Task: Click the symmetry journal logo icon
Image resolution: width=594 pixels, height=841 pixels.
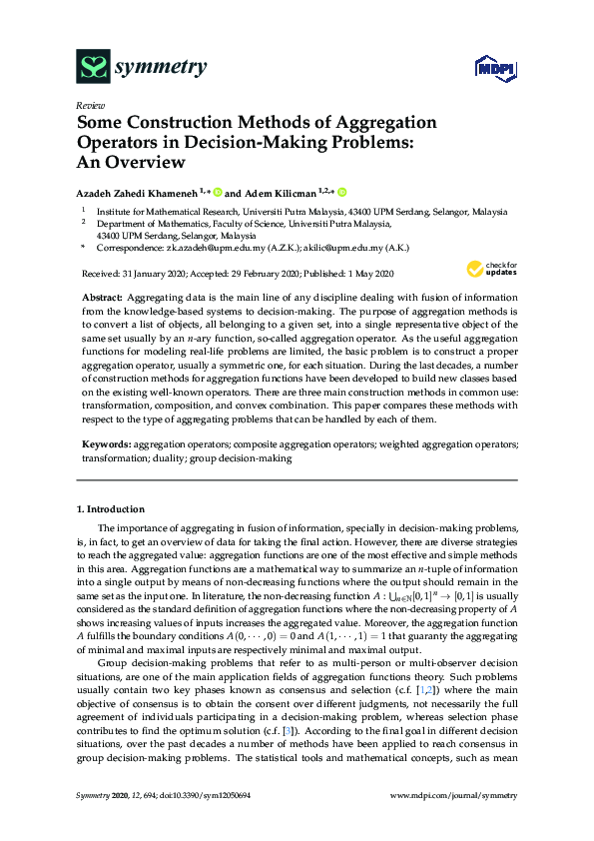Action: (93, 68)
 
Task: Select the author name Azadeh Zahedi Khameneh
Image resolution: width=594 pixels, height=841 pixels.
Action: (137, 192)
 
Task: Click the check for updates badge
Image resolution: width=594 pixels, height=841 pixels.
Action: (488, 268)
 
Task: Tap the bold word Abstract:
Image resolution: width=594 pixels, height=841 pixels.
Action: (102, 299)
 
